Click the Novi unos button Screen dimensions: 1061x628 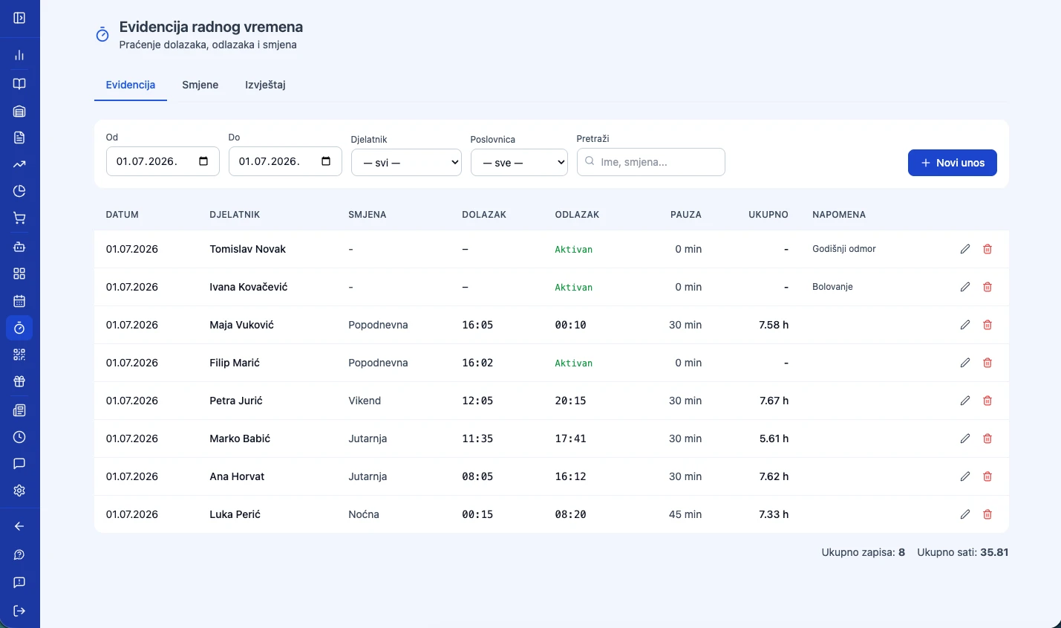(952, 163)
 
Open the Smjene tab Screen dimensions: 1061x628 (200, 85)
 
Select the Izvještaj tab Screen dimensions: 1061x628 (265, 85)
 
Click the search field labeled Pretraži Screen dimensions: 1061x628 (651, 162)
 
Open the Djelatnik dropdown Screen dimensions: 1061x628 (406, 163)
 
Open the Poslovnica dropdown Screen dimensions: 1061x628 (519, 163)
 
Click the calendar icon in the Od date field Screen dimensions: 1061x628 (203, 161)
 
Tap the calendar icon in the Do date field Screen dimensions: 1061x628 (326, 161)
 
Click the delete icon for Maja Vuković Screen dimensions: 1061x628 (987, 325)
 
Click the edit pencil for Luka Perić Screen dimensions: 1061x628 (964, 514)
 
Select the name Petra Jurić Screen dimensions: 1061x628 (236, 401)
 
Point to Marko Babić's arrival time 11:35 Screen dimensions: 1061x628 (477, 438)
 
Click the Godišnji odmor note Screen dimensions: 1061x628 (844, 249)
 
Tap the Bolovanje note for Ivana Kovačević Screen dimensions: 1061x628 (832, 287)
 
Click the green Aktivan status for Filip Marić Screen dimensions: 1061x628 (574, 363)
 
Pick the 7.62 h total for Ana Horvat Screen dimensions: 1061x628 (774, 476)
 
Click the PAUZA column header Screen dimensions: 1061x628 (685, 214)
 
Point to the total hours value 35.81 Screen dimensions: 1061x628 (993, 552)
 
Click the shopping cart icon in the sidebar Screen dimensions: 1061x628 (19, 218)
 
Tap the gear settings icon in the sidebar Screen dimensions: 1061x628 (19, 490)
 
